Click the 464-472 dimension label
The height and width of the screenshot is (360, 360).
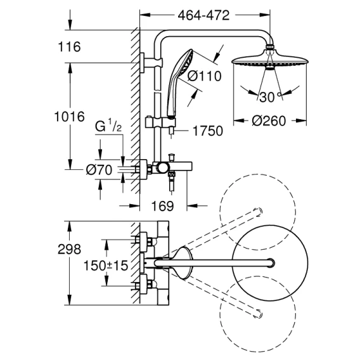(x=203, y=15)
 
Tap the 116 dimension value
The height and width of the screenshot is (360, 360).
(x=69, y=47)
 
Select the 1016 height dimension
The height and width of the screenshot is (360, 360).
(x=69, y=117)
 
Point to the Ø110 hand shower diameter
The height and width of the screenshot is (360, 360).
(x=204, y=76)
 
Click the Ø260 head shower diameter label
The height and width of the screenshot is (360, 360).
(x=269, y=120)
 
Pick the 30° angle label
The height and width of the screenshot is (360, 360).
(x=271, y=97)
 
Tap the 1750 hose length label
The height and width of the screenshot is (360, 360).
(x=208, y=131)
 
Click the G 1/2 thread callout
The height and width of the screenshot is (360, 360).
(x=108, y=126)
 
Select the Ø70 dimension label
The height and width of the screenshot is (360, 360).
(x=99, y=170)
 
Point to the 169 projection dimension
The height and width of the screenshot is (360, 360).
(x=162, y=206)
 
